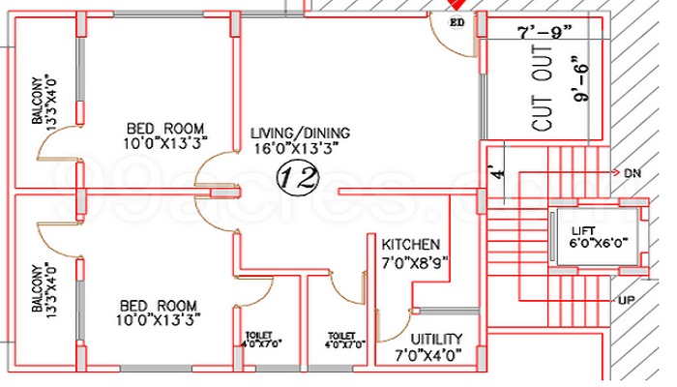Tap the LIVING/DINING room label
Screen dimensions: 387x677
299,133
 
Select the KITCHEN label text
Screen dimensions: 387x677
411,245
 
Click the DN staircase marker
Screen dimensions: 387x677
633,172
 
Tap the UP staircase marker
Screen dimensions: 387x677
626,301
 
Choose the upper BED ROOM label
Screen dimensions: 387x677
166,128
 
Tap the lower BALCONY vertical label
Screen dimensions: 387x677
39,288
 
